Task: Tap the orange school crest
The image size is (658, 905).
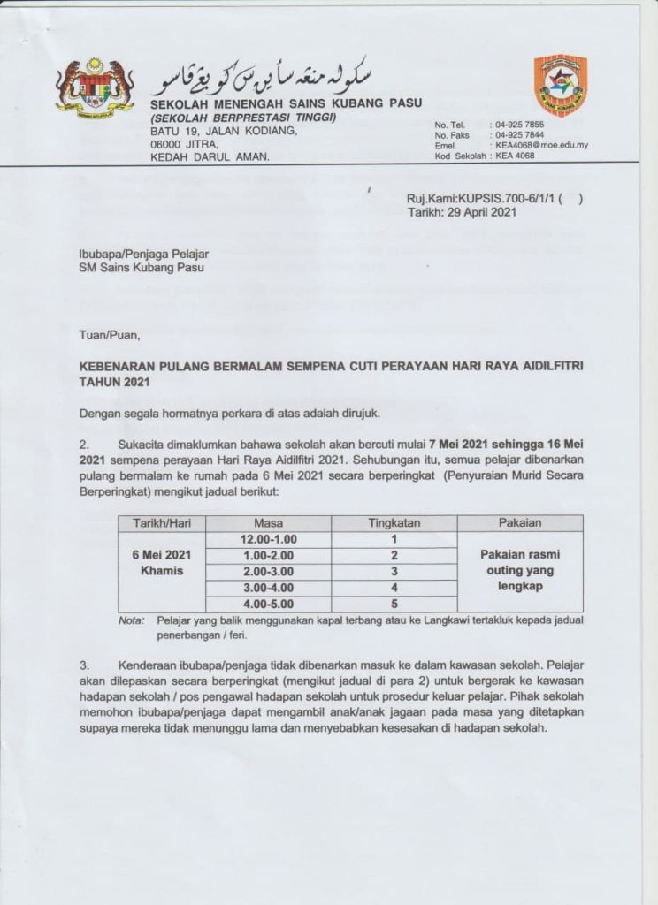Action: click(x=560, y=85)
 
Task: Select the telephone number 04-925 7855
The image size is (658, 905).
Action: click(x=520, y=125)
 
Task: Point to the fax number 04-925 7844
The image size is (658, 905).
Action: click(x=520, y=135)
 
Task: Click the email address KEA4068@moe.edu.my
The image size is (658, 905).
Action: click(x=542, y=145)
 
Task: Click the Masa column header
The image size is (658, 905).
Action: click(x=268, y=523)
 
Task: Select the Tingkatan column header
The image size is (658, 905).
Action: click(x=394, y=523)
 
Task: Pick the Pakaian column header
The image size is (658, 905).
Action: click(x=520, y=523)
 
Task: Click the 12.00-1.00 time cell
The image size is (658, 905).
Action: click(x=268, y=539)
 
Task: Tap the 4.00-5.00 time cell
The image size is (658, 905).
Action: click(x=268, y=604)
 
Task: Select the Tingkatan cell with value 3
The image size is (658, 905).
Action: click(x=394, y=572)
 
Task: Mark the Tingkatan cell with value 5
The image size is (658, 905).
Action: click(x=394, y=604)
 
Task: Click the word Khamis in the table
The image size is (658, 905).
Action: click(x=162, y=571)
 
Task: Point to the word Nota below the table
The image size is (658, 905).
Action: click(x=132, y=620)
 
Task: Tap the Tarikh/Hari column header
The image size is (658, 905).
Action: click(x=162, y=523)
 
